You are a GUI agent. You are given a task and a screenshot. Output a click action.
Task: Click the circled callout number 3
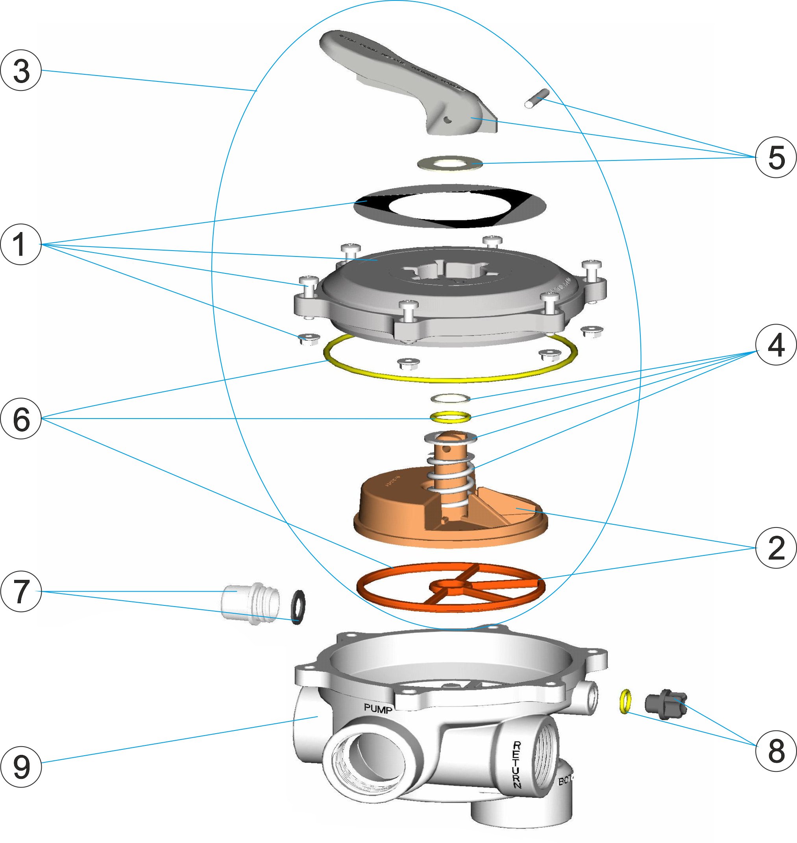click(x=21, y=70)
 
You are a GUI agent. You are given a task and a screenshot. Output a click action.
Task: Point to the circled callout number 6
click(x=21, y=419)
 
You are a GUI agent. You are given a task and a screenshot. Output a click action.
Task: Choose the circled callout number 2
click(x=776, y=548)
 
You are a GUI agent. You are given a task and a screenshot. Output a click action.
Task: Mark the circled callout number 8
click(x=776, y=751)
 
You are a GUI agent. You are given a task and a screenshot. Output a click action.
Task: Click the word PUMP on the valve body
click(x=378, y=708)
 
